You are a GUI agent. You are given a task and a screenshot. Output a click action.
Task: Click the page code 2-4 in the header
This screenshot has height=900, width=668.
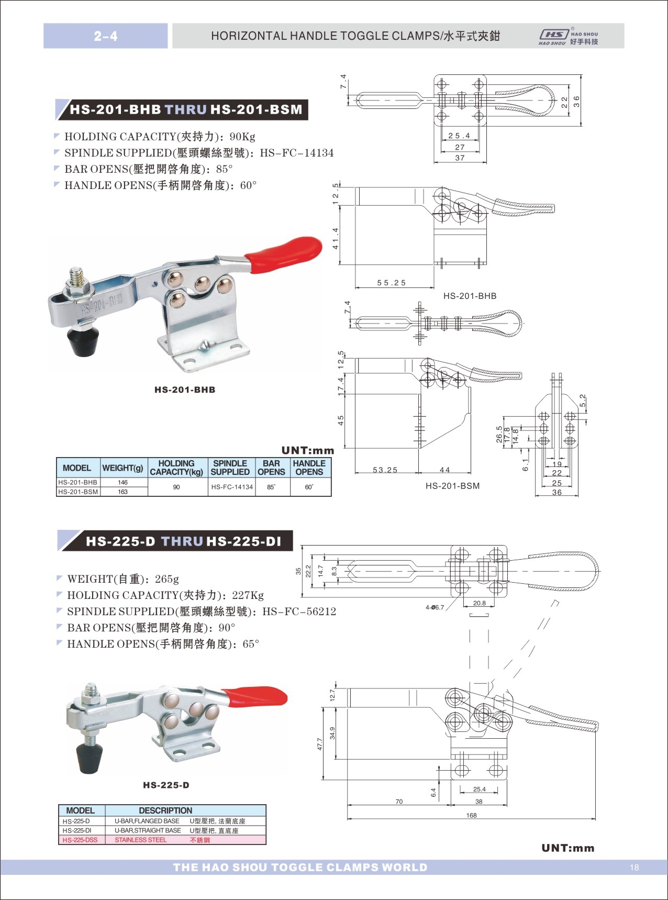[x=106, y=36]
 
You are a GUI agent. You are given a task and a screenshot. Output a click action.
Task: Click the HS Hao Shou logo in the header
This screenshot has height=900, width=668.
[x=568, y=37]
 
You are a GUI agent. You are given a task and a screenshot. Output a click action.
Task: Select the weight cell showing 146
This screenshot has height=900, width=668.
[x=123, y=482]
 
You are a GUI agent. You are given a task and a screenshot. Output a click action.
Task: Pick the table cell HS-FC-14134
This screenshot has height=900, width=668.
[x=232, y=487]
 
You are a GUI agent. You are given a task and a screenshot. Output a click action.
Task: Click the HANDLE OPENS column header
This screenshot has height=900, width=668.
[x=309, y=468]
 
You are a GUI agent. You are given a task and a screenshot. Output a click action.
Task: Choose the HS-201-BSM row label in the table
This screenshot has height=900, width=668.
[x=78, y=492]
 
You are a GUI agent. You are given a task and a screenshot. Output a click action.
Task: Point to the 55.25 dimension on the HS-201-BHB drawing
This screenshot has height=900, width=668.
[x=392, y=283]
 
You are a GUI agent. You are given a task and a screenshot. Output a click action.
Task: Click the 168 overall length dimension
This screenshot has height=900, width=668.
[x=471, y=815]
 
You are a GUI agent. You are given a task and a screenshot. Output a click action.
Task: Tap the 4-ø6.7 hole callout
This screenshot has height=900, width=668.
[x=435, y=607]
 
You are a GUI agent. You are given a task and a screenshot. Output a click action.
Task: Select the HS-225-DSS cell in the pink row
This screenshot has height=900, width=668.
[x=80, y=840]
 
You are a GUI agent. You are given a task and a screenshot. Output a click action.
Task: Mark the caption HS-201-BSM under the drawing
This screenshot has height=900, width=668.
[x=452, y=486]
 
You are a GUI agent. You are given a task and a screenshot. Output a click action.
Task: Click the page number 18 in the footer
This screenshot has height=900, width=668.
[x=634, y=868]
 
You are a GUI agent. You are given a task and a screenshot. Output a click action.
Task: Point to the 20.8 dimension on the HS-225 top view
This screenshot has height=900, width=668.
[x=479, y=603]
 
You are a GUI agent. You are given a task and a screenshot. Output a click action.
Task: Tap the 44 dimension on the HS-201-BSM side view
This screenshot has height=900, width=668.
[x=445, y=470]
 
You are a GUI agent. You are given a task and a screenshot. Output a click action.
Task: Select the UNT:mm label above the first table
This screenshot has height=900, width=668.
[x=307, y=450]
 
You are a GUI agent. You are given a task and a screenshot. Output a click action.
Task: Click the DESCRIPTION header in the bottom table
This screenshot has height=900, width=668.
[x=165, y=810]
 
